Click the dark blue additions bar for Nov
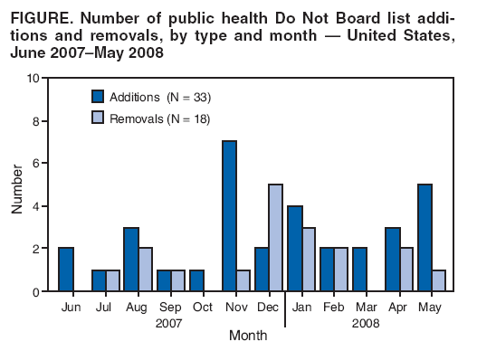230,216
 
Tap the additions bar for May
425,238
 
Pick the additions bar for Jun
66,270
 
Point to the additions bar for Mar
360,270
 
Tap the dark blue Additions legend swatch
98,97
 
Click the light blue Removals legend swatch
98,118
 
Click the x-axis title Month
247,336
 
